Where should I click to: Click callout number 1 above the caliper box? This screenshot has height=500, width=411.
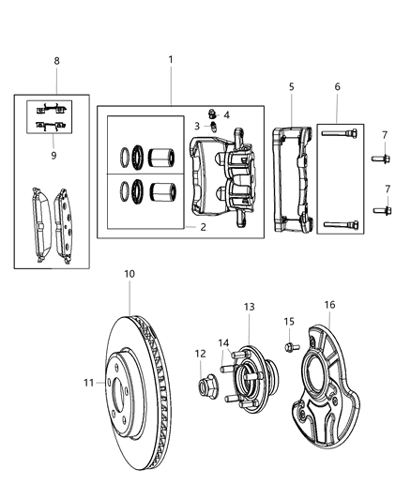pos(171,59)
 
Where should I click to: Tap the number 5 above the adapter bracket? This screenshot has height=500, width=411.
pos(291,87)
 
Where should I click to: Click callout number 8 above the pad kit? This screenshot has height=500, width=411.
pos(55,61)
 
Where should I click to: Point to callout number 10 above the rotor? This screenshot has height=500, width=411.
pos(129,274)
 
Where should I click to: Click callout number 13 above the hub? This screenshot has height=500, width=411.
pos(250,307)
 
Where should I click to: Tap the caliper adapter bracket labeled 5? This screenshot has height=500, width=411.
pos(293,178)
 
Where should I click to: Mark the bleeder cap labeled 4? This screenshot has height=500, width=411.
pos(212,114)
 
